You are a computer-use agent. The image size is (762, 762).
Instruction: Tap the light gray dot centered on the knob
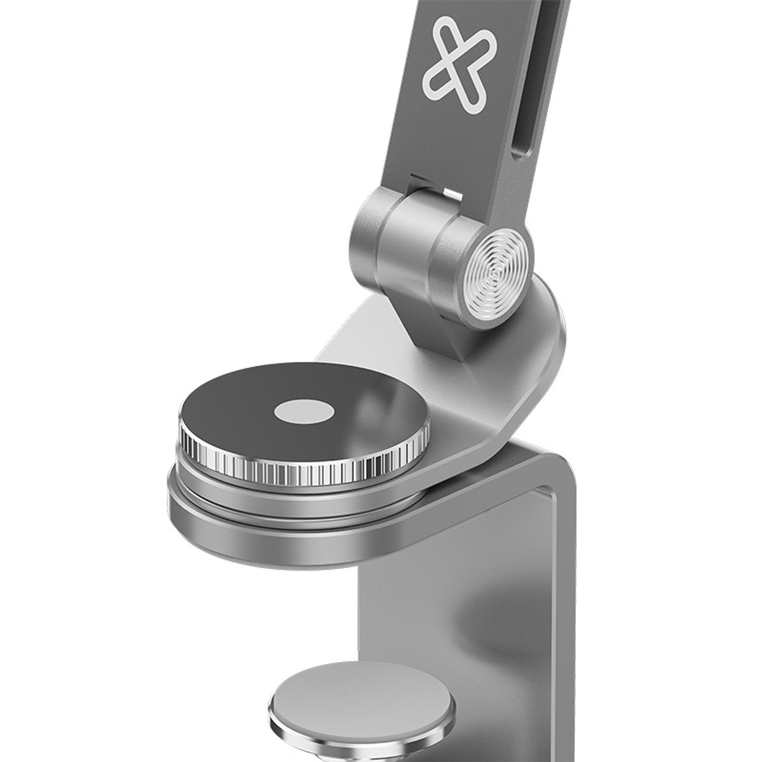click(x=304, y=413)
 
